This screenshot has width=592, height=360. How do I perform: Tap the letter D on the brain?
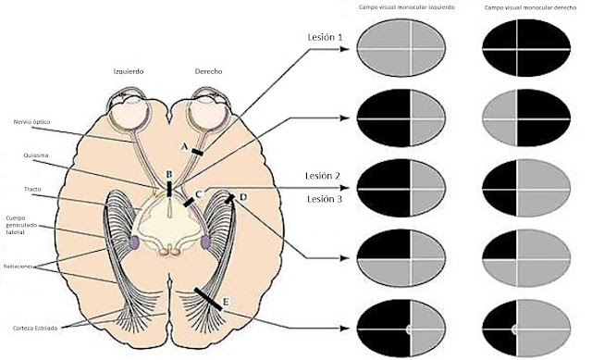[242, 197]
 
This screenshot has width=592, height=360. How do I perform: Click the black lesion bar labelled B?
[168, 190]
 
